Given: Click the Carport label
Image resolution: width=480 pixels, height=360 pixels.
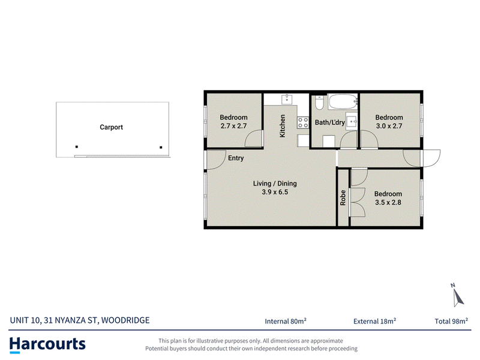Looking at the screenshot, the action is point(111,127).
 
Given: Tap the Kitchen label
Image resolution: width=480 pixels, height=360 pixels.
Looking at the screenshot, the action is point(282,126).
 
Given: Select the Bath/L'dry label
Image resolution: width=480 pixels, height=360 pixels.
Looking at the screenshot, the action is point(329,122).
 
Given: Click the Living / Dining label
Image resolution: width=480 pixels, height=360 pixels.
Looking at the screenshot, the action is point(275,184).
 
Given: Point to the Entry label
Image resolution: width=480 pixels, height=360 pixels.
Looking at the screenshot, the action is point(236,158).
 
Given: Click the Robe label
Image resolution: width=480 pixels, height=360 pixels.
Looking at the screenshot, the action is point(343,197).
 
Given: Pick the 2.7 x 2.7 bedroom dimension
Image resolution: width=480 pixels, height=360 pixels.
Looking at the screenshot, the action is point(233,126).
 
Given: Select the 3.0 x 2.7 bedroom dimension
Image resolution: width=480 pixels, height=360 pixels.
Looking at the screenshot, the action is point(389,126).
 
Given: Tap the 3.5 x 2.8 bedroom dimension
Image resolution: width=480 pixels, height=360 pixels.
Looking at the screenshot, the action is point(388,202).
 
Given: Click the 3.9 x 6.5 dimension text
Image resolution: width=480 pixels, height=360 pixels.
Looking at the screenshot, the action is point(275,192).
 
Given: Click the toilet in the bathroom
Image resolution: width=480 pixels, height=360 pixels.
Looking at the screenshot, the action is point(319,103).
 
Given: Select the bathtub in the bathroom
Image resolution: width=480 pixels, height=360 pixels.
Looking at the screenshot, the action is point(343,101).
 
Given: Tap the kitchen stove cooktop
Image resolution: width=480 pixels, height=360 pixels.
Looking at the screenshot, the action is point(303,122).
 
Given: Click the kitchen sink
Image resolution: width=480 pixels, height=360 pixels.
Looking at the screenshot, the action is point(287,100).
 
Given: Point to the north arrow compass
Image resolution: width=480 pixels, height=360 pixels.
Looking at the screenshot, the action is point(457,295).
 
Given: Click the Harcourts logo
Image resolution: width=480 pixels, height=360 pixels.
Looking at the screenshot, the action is point(47,344).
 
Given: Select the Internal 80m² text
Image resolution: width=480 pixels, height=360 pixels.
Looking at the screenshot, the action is point(286,321).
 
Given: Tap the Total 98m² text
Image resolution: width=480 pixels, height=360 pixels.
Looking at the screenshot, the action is point(451,321).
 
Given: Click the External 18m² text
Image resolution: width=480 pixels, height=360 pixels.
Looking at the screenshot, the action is point(374,321).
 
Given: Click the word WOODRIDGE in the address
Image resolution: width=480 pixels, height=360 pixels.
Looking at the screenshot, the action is point(125,320).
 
